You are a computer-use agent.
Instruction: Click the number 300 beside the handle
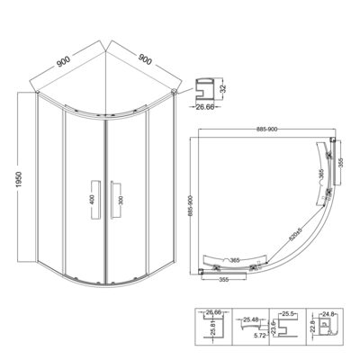click(x=122, y=197)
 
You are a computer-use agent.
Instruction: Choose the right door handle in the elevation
click(x=112, y=197)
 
